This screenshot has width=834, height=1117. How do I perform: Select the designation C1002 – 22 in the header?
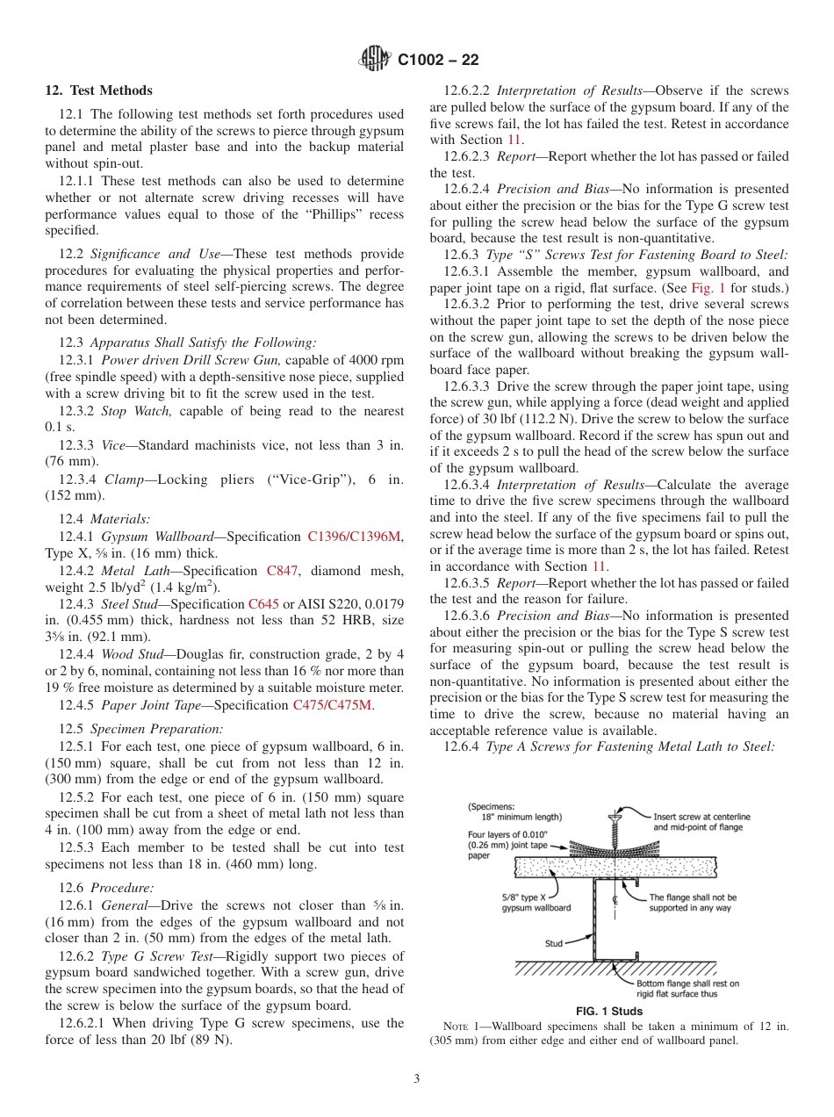pyautogui.click(x=438, y=61)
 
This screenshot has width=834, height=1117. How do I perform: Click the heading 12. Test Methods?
pyautogui.click(x=98, y=90)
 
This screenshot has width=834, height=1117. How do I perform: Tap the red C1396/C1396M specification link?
pyautogui.click(x=356, y=536)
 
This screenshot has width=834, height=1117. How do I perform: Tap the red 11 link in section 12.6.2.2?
pyautogui.click(x=515, y=140)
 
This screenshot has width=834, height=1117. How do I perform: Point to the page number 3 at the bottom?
pyautogui.click(x=417, y=1078)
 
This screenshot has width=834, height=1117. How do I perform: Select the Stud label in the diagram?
pyautogui.click(x=553, y=944)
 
